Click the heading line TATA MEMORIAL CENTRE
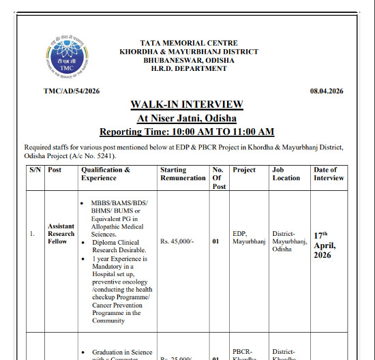[186, 43]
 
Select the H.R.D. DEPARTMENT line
[186, 69]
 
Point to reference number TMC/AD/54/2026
[72, 91]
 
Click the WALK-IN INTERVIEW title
[187, 104]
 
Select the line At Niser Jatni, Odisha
[187, 118]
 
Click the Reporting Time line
[187, 132]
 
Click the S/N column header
[35, 170]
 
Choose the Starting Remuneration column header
[183, 174]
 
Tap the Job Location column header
[286, 174]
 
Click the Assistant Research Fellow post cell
[61, 233]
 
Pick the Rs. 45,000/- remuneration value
[179, 241]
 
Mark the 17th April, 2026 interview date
[327, 245]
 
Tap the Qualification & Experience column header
[106, 174]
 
